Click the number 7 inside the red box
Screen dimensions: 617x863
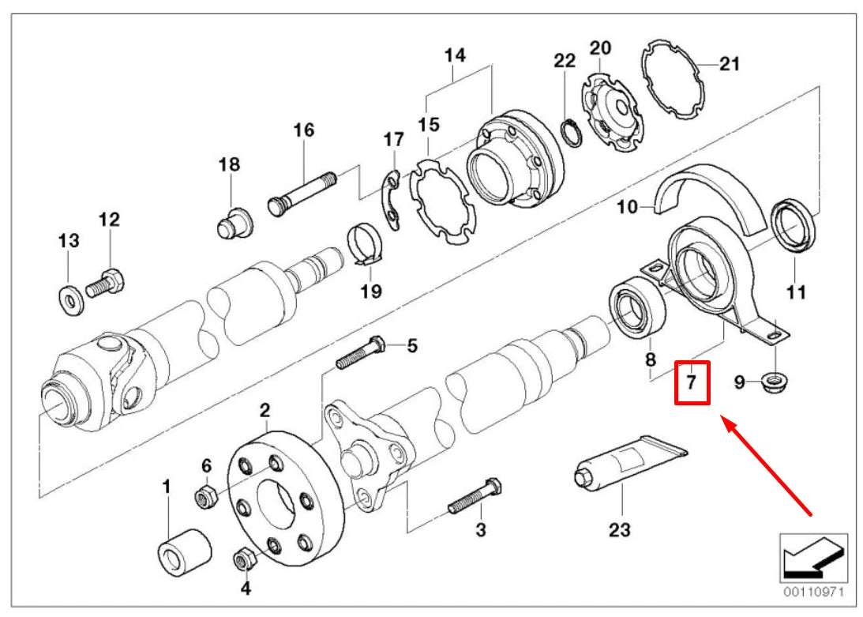(690, 383)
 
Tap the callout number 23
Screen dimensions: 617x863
(620, 529)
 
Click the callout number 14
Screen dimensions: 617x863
(454, 55)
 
